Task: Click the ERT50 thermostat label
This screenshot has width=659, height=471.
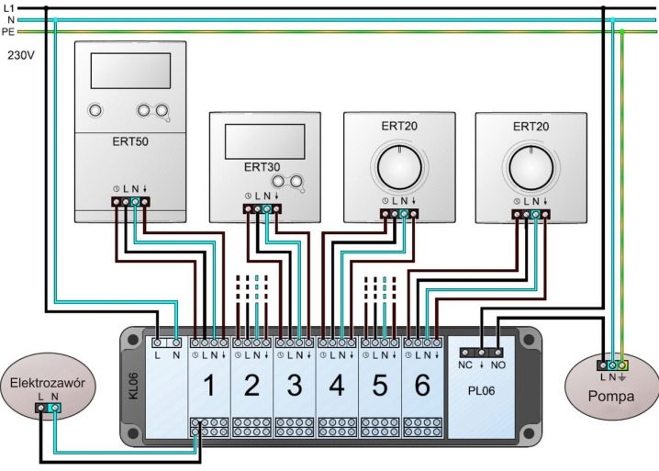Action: pos(130,141)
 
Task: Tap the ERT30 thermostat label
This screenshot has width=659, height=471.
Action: pos(262,167)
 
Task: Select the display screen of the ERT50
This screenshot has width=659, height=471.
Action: pos(130,71)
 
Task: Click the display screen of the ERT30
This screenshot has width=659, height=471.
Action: pos(264,141)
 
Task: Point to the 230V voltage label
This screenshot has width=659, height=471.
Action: pos(21,55)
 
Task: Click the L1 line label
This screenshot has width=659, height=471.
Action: pos(8,7)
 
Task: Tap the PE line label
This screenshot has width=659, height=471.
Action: pos(8,31)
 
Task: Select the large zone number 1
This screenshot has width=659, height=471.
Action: pos(209,385)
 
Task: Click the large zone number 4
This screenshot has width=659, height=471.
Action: pos(337,385)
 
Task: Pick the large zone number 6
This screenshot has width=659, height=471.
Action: pos(422,385)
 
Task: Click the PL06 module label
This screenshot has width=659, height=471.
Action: pos(481,391)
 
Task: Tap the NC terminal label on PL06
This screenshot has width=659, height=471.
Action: pos(465,365)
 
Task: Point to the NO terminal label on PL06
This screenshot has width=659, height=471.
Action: pos(498,365)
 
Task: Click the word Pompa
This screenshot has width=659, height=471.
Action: pos(611,396)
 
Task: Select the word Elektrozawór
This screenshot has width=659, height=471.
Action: pos(48,383)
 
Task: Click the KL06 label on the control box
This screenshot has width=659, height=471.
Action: pos(133,386)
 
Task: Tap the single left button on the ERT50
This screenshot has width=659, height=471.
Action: pos(95,110)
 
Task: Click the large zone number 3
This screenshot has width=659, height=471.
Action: pos(295,385)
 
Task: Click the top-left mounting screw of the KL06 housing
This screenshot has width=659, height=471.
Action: pos(133,339)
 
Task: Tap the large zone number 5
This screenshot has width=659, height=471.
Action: pos(379,385)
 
